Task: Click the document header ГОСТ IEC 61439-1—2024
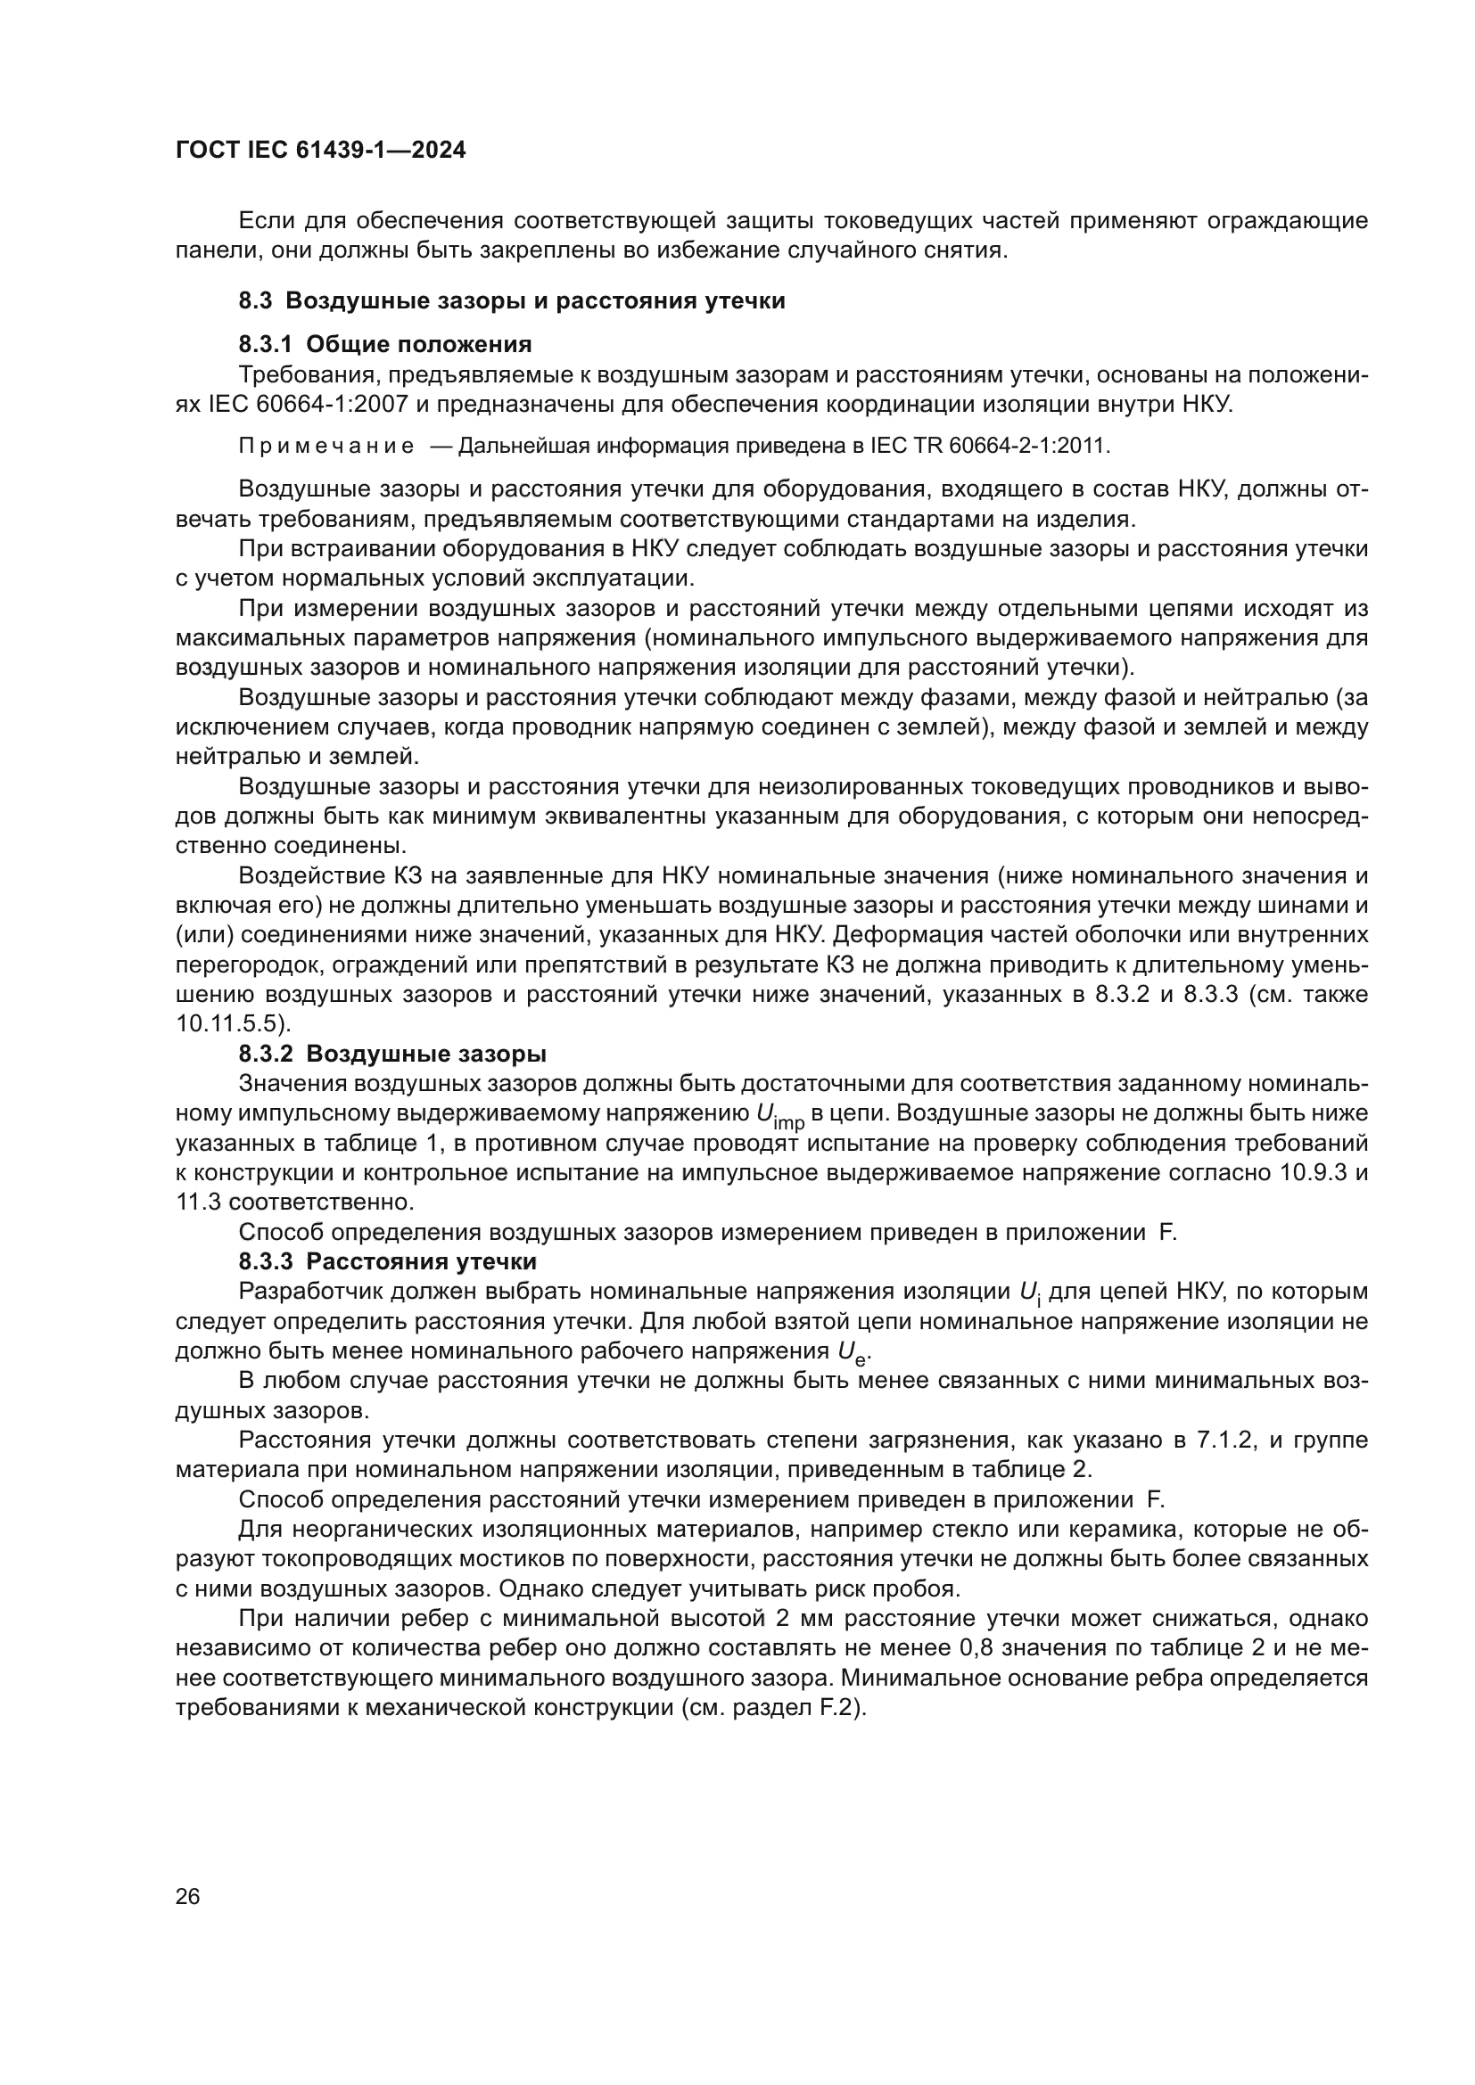click(320, 151)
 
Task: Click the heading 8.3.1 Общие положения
click(385, 344)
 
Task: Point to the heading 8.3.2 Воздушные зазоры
click(392, 1055)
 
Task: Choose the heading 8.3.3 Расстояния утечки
click(388, 1261)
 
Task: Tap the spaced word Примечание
click(326, 447)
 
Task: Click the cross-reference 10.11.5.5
click(232, 1024)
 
